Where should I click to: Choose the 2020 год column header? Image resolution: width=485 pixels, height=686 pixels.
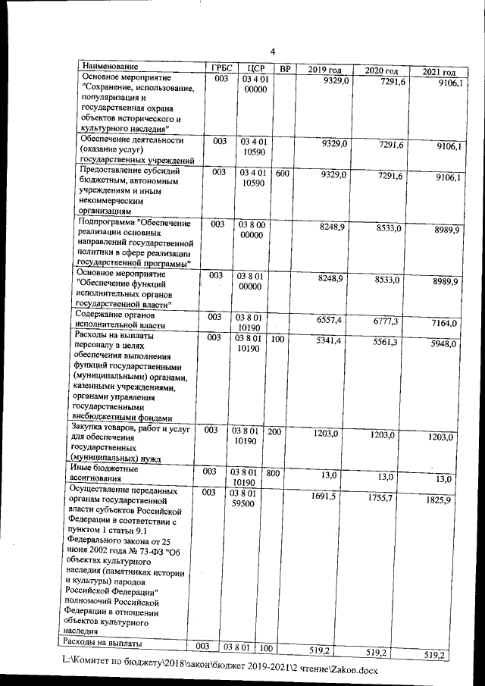[x=380, y=70]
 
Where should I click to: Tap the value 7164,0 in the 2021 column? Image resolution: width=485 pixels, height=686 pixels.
[x=444, y=324]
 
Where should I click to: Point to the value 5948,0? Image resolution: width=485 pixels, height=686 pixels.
[x=443, y=343]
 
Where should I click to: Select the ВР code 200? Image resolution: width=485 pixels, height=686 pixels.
[x=275, y=431]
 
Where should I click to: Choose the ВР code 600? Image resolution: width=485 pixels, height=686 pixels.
[x=283, y=173]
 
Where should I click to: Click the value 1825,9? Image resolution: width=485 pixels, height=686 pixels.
[x=443, y=500]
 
